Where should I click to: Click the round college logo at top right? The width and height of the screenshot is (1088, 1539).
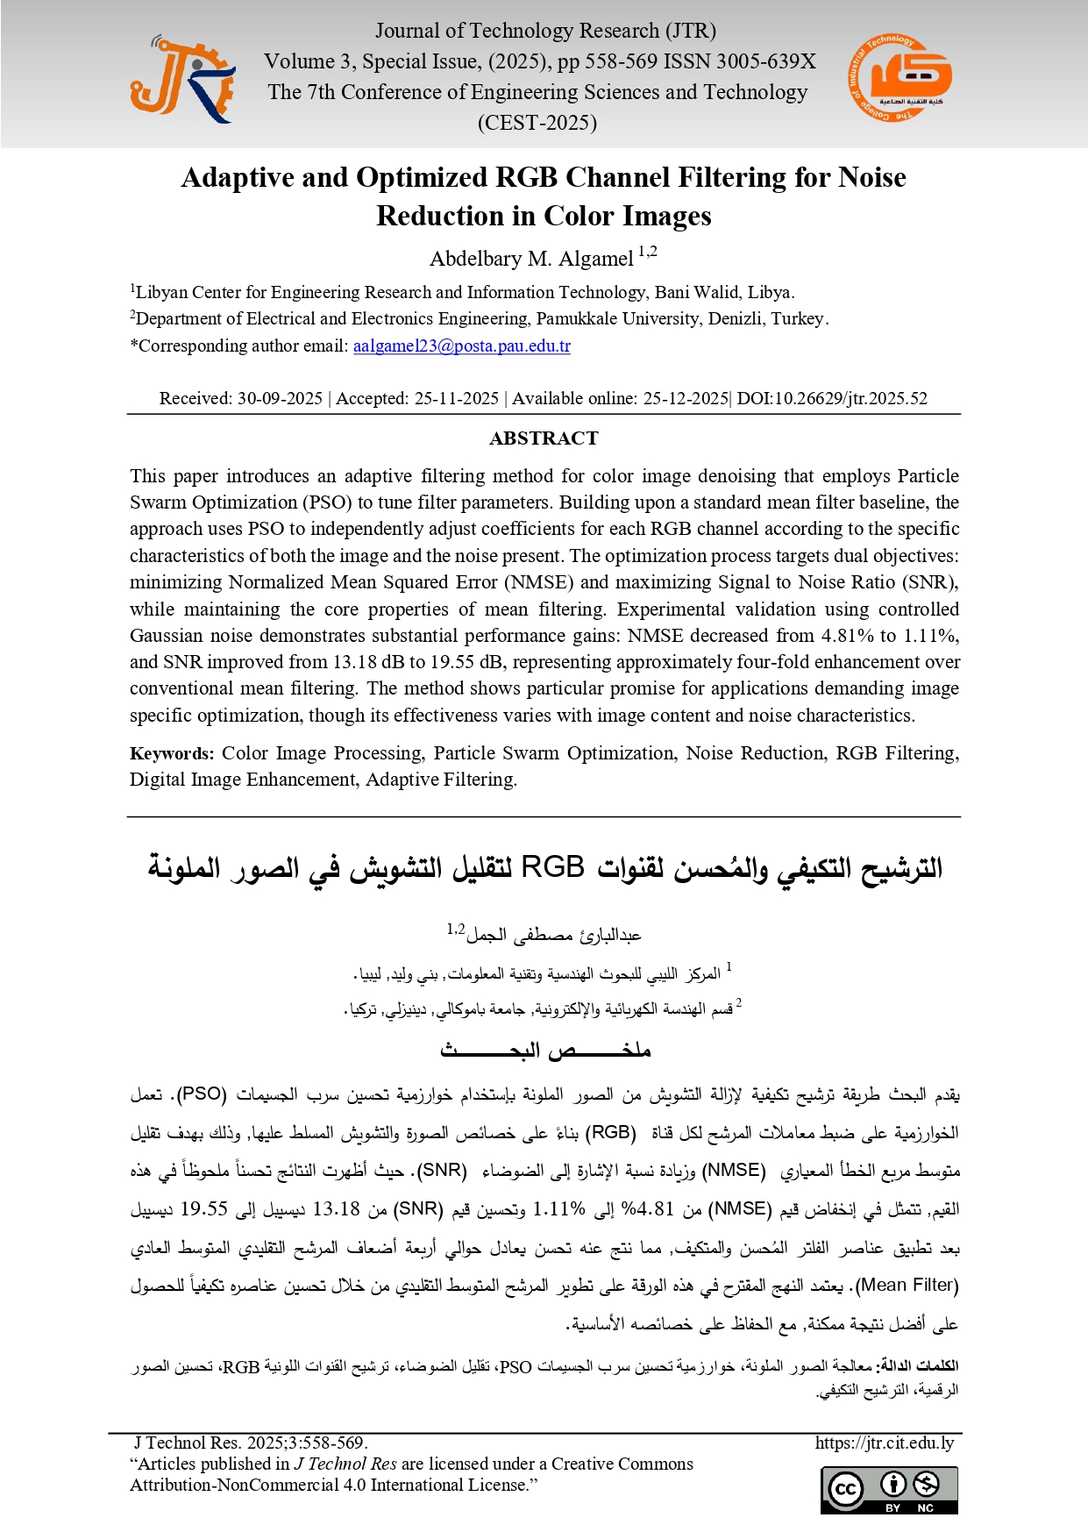pos(900,78)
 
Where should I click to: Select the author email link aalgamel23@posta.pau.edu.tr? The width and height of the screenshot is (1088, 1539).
pos(461,346)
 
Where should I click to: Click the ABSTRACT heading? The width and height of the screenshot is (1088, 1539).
pos(544,438)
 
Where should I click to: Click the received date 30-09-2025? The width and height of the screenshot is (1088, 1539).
pos(280,398)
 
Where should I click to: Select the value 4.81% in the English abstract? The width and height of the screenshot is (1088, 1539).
pos(846,636)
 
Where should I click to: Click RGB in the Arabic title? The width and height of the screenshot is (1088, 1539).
pos(552,867)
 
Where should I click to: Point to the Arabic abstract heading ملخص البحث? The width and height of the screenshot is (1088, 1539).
pos(544,1050)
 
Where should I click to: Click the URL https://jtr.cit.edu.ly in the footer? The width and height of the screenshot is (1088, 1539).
pos(884,1443)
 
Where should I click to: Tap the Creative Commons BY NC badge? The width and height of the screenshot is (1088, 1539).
pos(889,1489)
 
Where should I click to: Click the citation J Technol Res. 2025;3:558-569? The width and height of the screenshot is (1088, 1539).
pos(251,1443)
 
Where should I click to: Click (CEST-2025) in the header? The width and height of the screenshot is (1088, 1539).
pos(537,123)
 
